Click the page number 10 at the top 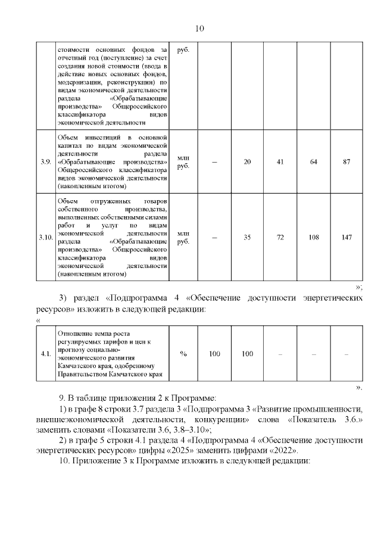pos(199,29)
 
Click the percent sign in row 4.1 pos(183,354)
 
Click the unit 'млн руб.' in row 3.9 pos(183,161)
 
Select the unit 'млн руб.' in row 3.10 pos(183,237)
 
